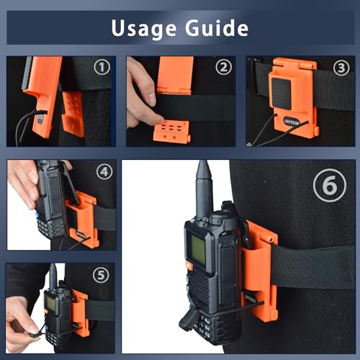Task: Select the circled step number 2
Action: coord(223,68)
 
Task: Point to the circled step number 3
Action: coord(341,68)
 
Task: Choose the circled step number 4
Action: coord(104,173)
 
